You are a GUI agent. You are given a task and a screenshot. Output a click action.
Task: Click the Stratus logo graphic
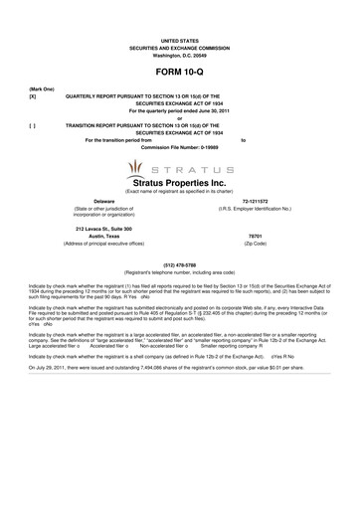pos(179,172)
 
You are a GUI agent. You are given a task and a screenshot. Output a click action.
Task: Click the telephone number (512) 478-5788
pos(179,263)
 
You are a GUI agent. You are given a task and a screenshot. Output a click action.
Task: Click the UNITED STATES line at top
pos(179,39)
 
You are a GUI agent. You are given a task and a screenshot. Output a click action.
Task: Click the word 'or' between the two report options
pos(179,119)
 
